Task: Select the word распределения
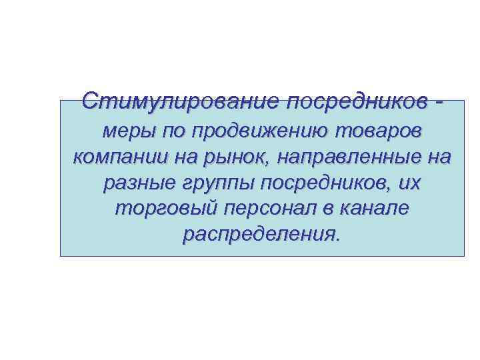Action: (260, 235)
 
